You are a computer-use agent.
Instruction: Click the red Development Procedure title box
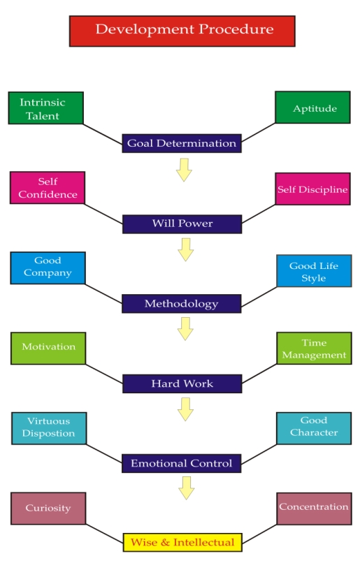click(182, 31)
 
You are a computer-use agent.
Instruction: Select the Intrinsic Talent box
click(46, 108)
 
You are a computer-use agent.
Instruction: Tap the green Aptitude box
click(312, 108)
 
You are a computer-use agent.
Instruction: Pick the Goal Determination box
click(182, 143)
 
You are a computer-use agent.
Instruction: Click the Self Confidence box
click(48, 188)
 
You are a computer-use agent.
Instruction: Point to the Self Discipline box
click(313, 189)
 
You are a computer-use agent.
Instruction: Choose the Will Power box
click(182, 224)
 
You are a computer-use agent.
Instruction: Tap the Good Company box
click(48, 268)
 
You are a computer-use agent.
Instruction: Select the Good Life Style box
click(314, 271)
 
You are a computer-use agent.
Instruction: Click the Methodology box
click(182, 304)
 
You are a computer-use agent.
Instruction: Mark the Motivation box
click(48, 349)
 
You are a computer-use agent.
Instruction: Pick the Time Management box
click(314, 349)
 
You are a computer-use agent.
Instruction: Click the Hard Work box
click(182, 383)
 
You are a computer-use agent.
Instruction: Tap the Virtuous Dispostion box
click(49, 428)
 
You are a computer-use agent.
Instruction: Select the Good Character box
click(314, 428)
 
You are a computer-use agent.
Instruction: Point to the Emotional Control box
click(182, 463)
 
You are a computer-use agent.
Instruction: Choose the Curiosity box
click(48, 509)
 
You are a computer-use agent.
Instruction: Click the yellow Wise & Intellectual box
click(182, 543)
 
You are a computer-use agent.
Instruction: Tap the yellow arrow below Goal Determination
click(184, 170)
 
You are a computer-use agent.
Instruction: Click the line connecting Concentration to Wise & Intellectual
click(260, 534)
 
